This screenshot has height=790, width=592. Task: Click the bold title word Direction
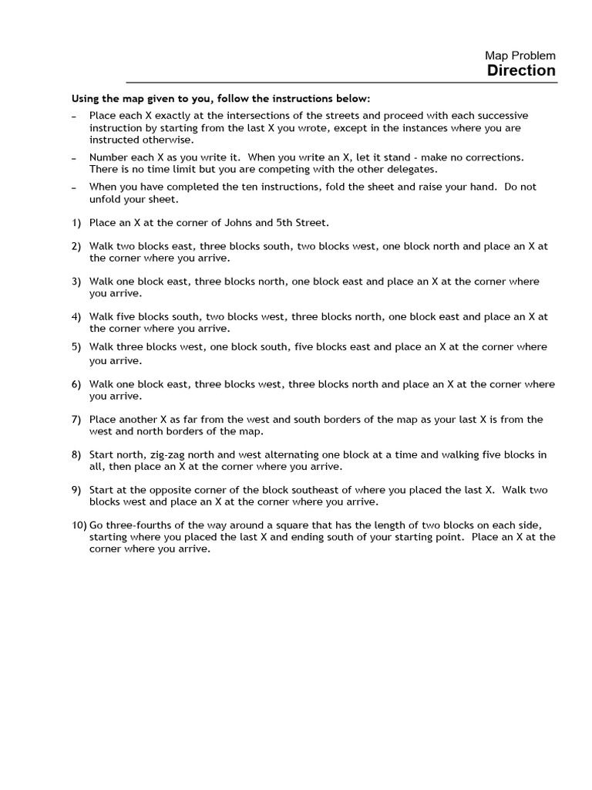[x=521, y=71]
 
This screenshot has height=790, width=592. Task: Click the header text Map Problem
[x=520, y=56]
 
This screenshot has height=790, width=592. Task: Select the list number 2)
[x=76, y=247]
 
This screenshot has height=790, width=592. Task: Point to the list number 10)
[x=79, y=525]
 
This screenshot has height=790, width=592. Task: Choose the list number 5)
[x=76, y=347]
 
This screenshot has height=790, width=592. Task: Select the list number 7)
[x=76, y=420]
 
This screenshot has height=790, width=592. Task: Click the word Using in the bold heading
[x=86, y=99]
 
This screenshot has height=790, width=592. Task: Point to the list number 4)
[x=76, y=317]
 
